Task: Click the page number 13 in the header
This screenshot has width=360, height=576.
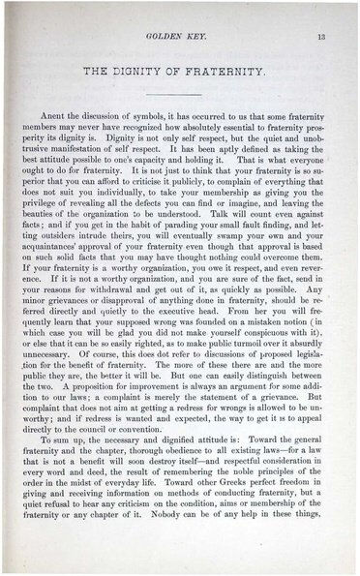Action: coord(333,36)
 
